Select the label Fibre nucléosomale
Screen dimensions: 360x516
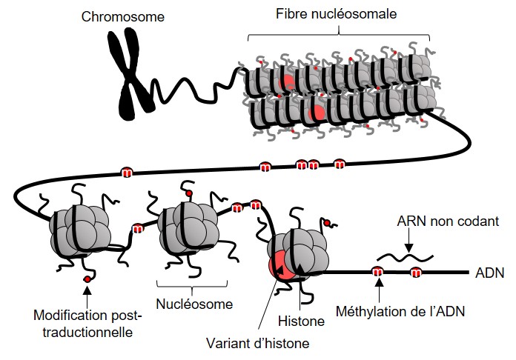pyautogui.click(x=338, y=13)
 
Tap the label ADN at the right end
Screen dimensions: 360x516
pyautogui.click(x=487, y=273)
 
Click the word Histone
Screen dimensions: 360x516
pyautogui.click(x=300, y=321)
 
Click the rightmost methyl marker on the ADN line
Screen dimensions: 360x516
pyautogui.click(x=416, y=274)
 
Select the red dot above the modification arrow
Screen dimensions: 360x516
pyautogui.click(x=88, y=279)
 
